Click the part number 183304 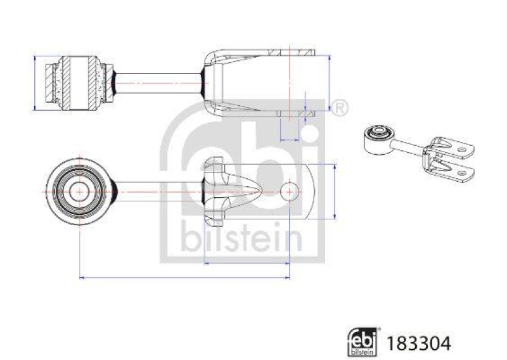[425, 343]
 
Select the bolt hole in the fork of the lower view [289, 191]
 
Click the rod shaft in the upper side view [158, 82]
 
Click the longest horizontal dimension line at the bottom [184, 277]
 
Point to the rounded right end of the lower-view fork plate [314, 191]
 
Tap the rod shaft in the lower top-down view [158, 191]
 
